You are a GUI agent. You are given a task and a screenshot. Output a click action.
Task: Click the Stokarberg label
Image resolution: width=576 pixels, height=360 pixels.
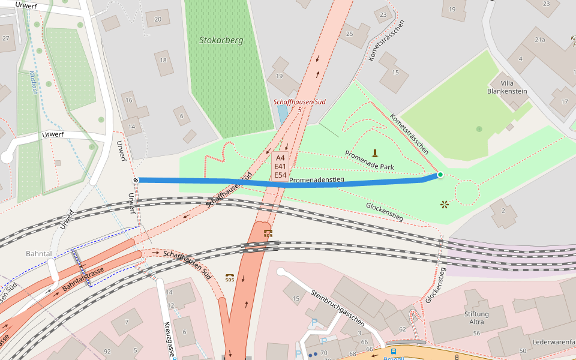pos(221,41)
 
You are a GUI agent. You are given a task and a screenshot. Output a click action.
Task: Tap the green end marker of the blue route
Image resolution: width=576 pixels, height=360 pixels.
pos(440,175)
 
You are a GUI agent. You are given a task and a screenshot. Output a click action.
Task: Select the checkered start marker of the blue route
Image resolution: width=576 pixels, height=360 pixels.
pos(136,179)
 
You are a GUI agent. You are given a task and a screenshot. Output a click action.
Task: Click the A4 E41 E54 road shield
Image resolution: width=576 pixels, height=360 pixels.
pos(280,166)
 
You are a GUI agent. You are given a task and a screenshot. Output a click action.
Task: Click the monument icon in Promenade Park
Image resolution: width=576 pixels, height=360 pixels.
pos(376,152)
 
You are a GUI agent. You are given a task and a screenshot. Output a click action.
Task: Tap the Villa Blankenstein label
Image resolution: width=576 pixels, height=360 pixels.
pos(507,86)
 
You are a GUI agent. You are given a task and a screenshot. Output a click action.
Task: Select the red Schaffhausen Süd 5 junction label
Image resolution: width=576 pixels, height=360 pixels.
pos(299,105)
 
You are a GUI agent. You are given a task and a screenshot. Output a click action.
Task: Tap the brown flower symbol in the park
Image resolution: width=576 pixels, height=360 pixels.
pos(445,205)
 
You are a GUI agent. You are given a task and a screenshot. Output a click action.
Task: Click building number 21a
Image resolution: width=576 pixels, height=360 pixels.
pos(539,40)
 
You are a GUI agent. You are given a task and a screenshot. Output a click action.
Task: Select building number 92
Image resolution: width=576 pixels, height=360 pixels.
pos(107,351)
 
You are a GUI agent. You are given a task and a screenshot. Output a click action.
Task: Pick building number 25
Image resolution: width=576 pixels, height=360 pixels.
pos(350,34)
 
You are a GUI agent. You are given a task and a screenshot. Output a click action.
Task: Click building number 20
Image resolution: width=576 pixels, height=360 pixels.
pos(158,19)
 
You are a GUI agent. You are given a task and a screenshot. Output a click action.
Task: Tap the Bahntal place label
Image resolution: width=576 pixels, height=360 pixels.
pos(39,254)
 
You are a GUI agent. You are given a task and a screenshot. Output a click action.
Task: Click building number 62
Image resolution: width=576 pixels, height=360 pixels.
pos(402,329)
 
